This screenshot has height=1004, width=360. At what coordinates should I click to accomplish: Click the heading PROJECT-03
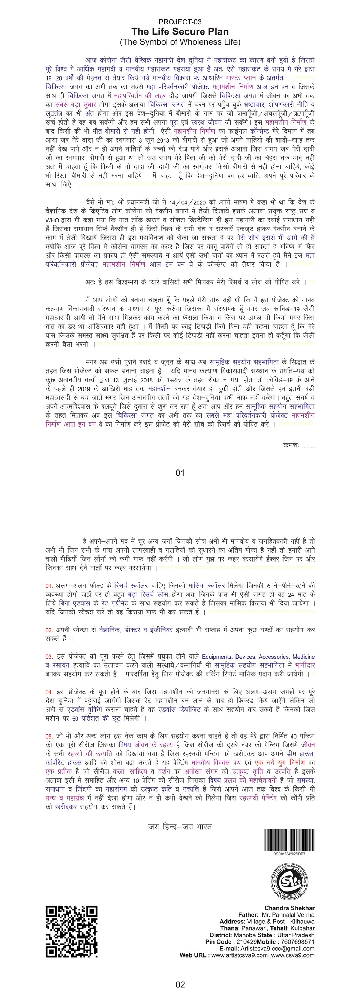pos(180,22)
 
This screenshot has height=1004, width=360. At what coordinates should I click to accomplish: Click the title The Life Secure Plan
pos(180,32)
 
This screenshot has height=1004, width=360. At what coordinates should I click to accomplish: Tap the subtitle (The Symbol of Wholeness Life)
pos(180,42)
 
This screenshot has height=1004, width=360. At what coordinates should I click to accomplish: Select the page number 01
pos(180,473)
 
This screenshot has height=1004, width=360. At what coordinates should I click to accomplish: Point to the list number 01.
pos(49,586)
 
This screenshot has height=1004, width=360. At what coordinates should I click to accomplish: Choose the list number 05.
pos(49,737)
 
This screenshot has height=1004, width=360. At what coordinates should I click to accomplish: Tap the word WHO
pos(52,220)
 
